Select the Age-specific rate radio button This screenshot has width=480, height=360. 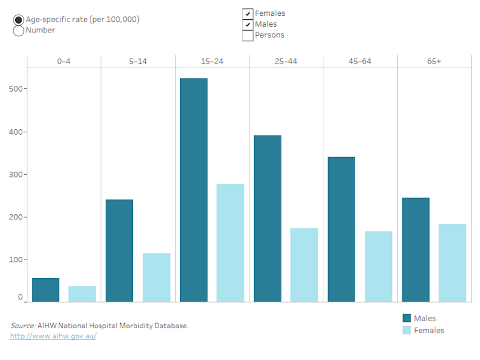[18, 20]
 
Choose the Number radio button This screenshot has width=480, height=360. [18, 31]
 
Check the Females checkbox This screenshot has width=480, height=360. [248, 13]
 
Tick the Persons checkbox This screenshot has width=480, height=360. [248, 35]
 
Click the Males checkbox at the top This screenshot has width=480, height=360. [248, 24]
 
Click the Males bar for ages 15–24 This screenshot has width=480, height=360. [194, 190]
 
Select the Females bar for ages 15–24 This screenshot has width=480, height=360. [230, 242]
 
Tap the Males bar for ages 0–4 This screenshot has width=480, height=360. [45, 289]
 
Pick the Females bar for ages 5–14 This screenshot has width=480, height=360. [156, 277]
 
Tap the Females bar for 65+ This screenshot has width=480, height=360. [452, 263]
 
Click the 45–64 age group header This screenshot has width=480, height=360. [360, 61]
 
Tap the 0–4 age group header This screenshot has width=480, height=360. [64, 61]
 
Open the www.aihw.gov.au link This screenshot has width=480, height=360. [53, 336]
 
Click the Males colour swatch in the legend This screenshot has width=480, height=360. [407, 318]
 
